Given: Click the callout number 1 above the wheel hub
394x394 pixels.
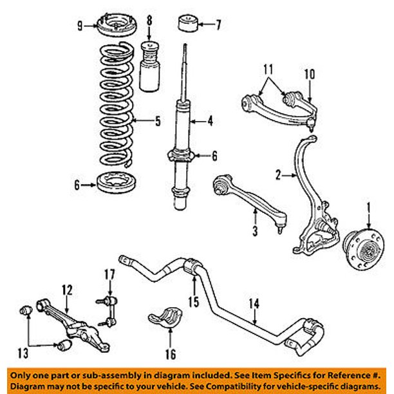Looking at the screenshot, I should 369,208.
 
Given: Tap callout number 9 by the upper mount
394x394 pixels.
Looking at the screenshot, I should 80,26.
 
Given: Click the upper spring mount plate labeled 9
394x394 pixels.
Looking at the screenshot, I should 113,29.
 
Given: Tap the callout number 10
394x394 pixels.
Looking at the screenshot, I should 310,73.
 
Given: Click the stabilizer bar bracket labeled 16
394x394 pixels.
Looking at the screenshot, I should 165,321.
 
